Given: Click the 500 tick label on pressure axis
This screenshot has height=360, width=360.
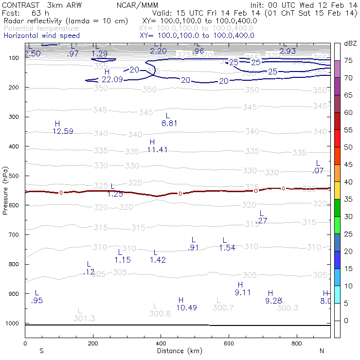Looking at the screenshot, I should pyautogui.click(x=15, y=176).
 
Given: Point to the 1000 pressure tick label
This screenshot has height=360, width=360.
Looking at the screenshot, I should pyautogui.click(x=13, y=324).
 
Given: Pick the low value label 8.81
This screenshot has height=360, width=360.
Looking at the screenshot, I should pyautogui.click(x=169, y=124).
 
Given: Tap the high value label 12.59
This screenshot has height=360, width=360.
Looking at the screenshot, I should pyautogui.click(x=63, y=131).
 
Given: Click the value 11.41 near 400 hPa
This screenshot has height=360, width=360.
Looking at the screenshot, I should pyautogui.click(x=157, y=150).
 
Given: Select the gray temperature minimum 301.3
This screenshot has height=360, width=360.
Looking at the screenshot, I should pyautogui.click(x=84, y=319).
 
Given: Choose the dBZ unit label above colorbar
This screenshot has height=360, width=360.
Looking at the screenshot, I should pyautogui.click(x=350, y=44).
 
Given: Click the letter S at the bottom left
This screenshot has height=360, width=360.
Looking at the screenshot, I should pyautogui.click(x=41, y=351).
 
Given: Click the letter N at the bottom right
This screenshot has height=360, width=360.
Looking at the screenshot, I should pyautogui.click(x=322, y=351).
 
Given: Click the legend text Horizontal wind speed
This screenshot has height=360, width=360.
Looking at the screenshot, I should pyautogui.click(x=41, y=36).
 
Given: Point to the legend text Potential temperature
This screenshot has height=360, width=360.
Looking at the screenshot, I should pyautogui.click(x=41, y=29).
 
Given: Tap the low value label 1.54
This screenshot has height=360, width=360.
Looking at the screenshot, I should pyautogui.click(x=227, y=248).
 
